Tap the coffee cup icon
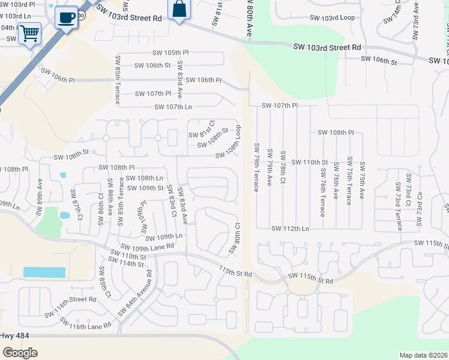67,16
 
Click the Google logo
20,352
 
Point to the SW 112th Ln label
289,229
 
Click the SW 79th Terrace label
256,167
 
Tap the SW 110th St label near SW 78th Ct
310,163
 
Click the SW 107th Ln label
173,107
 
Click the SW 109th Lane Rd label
147,246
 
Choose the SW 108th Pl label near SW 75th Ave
336,132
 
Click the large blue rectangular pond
44,272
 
